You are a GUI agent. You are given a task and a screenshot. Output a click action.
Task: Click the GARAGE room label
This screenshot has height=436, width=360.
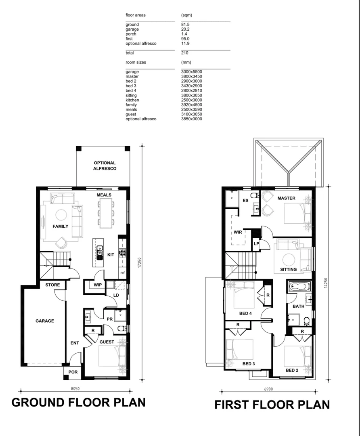pyautogui.click(x=44, y=321)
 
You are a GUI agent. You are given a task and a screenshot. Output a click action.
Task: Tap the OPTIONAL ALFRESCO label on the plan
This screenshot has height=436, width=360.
pyautogui.click(x=105, y=166)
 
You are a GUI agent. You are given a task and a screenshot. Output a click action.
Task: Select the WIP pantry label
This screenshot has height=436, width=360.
pyautogui.click(x=97, y=285)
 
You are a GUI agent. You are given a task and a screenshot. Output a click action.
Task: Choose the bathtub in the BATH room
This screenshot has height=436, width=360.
pyautogui.click(x=298, y=287)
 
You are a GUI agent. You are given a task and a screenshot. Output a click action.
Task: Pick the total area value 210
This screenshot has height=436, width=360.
pyautogui.click(x=185, y=53)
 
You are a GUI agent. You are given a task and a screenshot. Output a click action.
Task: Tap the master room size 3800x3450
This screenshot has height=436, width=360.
pyautogui.click(x=192, y=76)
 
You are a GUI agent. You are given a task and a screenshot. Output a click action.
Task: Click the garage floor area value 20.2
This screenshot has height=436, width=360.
pyautogui.click(x=186, y=29)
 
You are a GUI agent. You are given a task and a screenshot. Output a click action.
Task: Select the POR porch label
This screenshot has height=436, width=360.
pyautogui.click(x=73, y=372)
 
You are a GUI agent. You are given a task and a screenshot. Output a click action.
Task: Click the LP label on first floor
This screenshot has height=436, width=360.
pyautogui.click(x=256, y=243)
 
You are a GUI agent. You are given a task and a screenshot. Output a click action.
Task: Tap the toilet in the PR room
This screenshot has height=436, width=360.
pyautogui.click(x=122, y=328)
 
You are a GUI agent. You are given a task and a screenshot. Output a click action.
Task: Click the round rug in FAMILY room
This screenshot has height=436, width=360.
pyautogui.click(x=61, y=214)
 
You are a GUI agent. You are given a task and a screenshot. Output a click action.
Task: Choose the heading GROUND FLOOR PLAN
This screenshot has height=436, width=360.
pyautogui.click(x=78, y=402)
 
